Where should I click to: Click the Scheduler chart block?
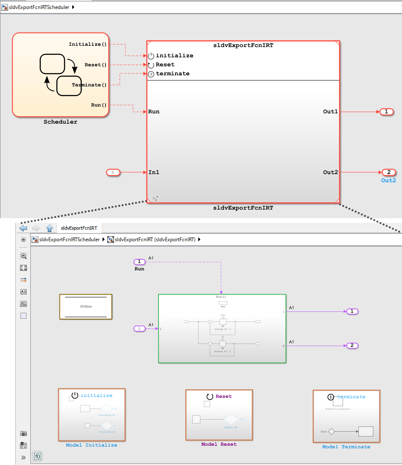(x=60, y=74)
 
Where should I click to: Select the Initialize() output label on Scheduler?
(x=88, y=44)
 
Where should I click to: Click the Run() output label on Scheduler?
(x=99, y=105)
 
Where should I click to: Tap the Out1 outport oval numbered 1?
(x=386, y=112)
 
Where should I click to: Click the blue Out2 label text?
(x=388, y=181)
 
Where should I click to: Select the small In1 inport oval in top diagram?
(x=113, y=172)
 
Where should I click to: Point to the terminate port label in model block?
(x=173, y=74)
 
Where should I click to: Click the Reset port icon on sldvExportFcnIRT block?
(x=151, y=65)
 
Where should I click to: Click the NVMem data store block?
(x=85, y=307)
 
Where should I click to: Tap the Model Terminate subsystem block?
(x=346, y=416)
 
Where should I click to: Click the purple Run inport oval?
(x=139, y=262)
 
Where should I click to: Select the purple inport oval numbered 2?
(x=139, y=329)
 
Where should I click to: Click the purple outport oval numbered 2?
(x=352, y=346)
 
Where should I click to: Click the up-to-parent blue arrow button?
(x=50, y=228)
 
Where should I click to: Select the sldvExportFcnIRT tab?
(x=79, y=228)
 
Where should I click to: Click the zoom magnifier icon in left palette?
(x=23, y=256)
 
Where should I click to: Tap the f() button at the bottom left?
(x=38, y=456)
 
